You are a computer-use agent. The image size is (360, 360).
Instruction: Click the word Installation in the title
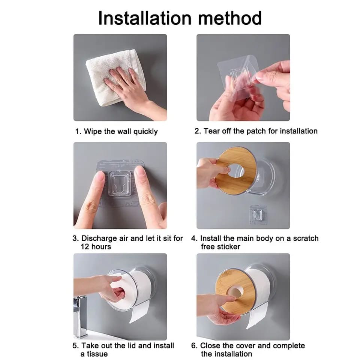tap(145, 18)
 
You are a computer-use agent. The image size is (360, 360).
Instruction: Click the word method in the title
tap(230, 18)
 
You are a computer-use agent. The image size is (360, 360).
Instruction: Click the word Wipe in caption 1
tap(93, 132)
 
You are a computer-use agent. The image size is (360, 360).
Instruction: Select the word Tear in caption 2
tap(211, 131)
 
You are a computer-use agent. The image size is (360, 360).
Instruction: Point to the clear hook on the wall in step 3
tap(120, 183)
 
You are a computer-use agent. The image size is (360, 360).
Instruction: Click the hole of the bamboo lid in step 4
tap(236, 171)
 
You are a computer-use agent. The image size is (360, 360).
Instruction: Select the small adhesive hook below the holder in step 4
tap(258, 214)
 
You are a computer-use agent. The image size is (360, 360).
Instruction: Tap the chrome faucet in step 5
tap(80, 317)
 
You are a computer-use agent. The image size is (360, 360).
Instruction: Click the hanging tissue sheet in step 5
tap(139, 312)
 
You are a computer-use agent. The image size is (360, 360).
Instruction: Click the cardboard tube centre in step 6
tap(235, 292)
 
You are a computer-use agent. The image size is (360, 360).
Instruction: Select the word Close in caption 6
tap(210, 345)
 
